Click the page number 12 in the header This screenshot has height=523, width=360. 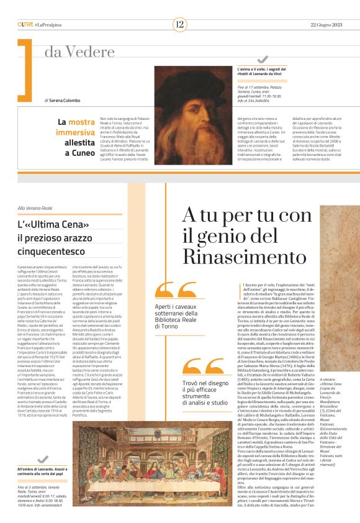pos(179,24)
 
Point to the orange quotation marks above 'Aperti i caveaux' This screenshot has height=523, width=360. pos(169,289)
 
